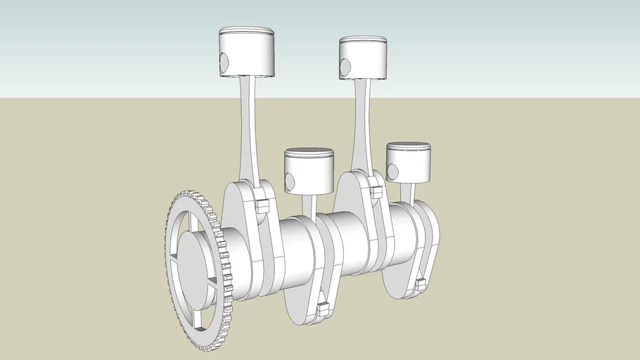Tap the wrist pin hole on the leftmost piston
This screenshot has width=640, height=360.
[x=224, y=63]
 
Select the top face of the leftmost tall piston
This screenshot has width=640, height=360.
[x=245, y=32]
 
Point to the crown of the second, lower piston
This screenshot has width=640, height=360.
[x=308, y=152]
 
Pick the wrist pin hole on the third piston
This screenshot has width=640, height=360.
[x=345, y=67]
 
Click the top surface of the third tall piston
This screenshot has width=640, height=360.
[x=364, y=40]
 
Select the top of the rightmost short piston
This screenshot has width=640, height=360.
[x=408, y=146]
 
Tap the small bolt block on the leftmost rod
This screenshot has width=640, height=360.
[x=262, y=207]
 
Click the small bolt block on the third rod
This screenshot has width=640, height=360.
[x=375, y=192]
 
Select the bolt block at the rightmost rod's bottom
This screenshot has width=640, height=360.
[x=421, y=285]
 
